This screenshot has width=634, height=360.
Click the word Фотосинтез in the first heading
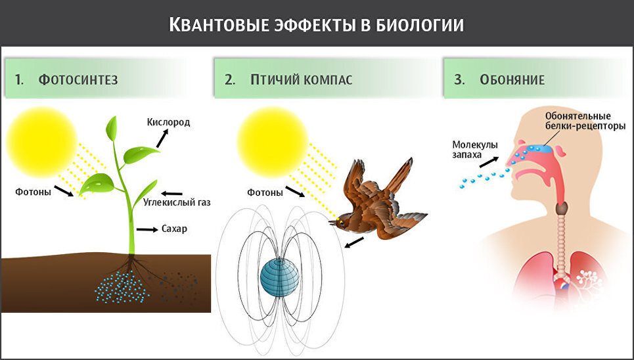[78, 80]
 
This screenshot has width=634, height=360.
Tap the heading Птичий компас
[302, 80]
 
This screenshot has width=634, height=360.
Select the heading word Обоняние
[512, 80]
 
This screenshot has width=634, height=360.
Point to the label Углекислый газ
[177, 202]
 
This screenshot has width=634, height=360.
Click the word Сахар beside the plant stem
[174, 229]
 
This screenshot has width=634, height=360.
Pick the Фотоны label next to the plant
[33, 192]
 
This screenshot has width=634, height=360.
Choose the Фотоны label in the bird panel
[265, 192]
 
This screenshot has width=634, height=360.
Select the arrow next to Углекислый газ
[172, 193]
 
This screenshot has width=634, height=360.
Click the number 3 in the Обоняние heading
[459, 80]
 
